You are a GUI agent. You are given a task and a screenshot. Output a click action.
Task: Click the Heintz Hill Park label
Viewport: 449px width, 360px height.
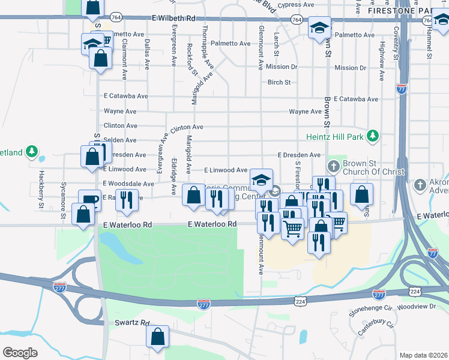pos(335,136)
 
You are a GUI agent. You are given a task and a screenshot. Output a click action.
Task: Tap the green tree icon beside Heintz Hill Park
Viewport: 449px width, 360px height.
pos(373,135)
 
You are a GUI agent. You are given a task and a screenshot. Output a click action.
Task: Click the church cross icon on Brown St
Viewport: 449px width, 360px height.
pos(334,165)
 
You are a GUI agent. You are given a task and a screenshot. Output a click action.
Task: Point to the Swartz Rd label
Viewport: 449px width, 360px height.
pos(131,323)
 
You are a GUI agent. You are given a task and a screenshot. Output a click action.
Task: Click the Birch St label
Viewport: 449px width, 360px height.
pos(279,82)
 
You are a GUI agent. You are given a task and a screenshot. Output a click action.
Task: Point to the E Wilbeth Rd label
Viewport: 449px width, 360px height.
pos(173,19)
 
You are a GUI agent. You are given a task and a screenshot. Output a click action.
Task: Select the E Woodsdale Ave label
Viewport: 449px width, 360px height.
pos(128,184)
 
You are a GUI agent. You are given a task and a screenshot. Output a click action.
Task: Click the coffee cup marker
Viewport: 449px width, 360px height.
pos(89,200)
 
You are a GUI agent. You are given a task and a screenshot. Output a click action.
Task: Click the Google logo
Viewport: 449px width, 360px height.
pos(20,353)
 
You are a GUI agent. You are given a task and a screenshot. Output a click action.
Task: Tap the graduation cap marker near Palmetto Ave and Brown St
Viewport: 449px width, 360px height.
pos(320,27)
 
